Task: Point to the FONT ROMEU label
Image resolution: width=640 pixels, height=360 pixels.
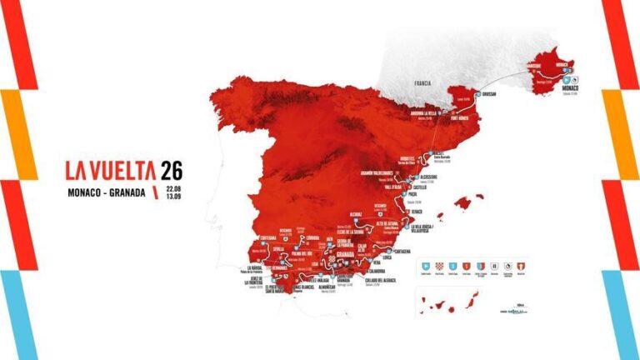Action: [462, 117]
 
